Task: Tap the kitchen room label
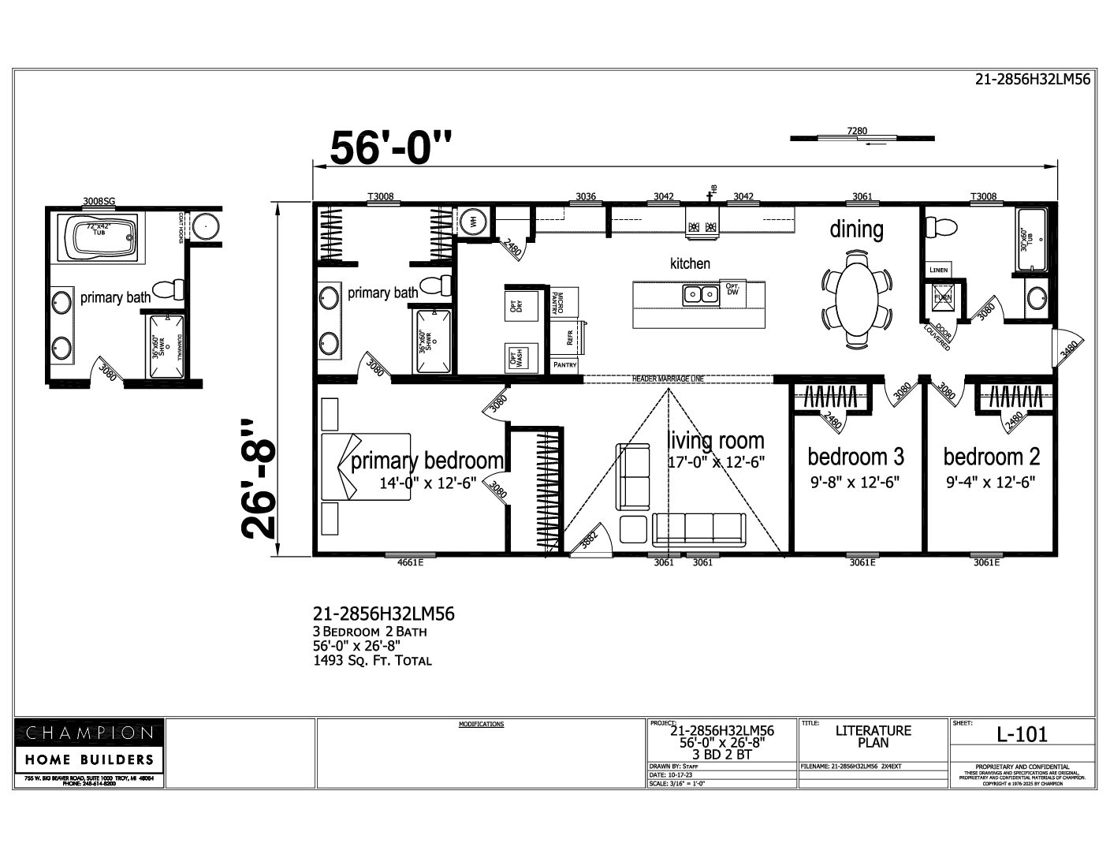[x=690, y=263]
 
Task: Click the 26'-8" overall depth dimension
[x=260, y=479]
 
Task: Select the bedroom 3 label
[x=855, y=457]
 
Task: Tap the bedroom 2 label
[x=991, y=457]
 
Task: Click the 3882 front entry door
[x=587, y=541]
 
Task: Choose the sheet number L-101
[x=1022, y=735]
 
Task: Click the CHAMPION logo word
[x=89, y=733]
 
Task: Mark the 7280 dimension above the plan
[x=857, y=131]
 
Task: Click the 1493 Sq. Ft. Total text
[x=372, y=661]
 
